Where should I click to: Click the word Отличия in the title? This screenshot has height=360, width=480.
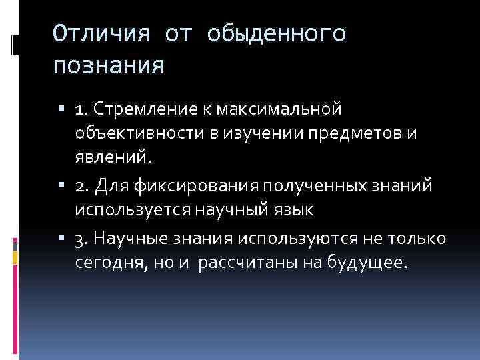pyautogui.click(x=99, y=34)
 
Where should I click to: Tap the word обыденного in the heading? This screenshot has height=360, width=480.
pyautogui.click(x=277, y=34)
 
